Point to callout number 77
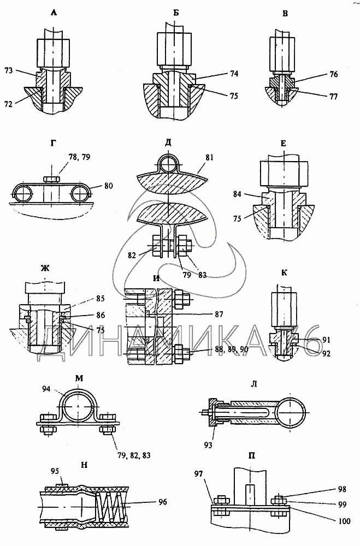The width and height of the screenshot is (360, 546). pos(333,97)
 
